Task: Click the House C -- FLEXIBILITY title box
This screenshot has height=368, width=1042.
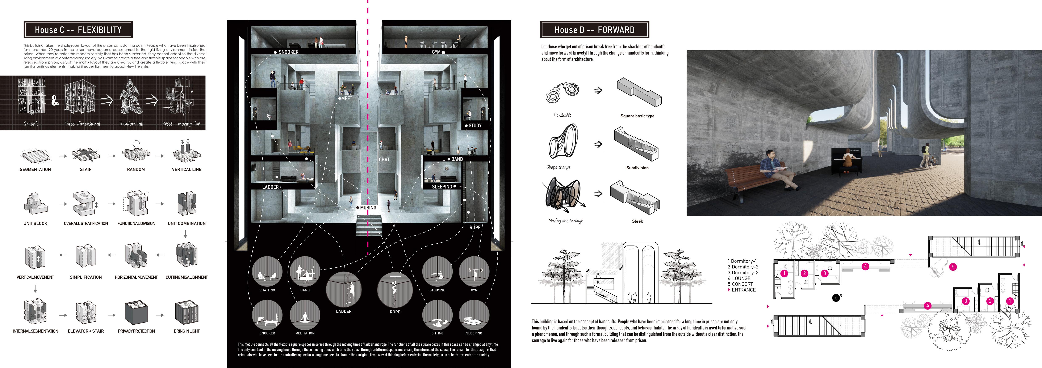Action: (78, 30)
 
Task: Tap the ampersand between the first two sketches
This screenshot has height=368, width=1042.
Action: (55, 101)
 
